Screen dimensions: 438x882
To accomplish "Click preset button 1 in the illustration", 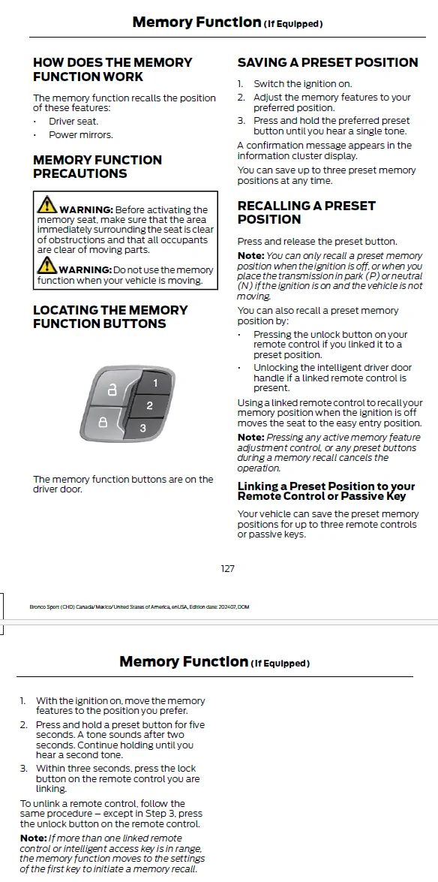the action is (x=151, y=384).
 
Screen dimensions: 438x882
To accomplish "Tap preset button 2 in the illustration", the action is (x=148, y=405).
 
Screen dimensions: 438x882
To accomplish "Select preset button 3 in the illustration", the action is (x=143, y=428).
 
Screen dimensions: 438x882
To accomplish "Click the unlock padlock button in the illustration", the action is (x=112, y=389).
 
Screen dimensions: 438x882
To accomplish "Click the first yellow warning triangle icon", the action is (x=47, y=204).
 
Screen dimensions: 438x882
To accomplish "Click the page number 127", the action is (x=228, y=569).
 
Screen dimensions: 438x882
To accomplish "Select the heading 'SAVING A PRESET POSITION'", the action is (x=327, y=62).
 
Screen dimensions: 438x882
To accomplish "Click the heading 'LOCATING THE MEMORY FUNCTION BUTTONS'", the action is (x=110, y=317).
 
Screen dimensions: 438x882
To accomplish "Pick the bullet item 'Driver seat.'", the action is (x=73, y=122).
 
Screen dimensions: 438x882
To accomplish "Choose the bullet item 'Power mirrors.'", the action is (x=81, y=135).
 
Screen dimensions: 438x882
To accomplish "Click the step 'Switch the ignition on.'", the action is (x=302, y=84).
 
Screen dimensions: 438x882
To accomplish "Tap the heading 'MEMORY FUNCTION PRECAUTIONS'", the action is (x=97, y=167).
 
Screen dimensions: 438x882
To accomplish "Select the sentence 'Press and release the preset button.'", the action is (x=317, y=242).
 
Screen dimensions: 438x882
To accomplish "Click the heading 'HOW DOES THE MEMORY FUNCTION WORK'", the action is (x=112, y=69).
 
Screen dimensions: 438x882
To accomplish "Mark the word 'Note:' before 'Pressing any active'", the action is (x=250, y=437).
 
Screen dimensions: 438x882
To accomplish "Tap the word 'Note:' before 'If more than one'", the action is (x=33, y=838).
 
